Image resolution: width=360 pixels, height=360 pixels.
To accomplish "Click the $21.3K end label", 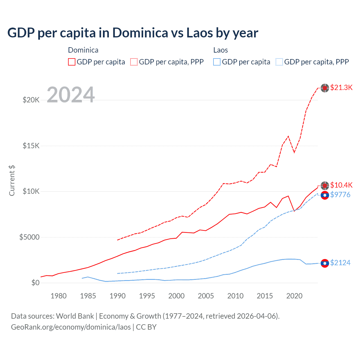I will click(341, 88).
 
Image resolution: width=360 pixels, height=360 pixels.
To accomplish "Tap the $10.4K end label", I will click(341, 185).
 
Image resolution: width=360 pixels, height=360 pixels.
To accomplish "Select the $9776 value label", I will click(340, 195).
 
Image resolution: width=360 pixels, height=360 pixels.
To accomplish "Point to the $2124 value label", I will click(340, 263).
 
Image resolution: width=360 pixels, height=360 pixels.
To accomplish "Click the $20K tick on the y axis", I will click(31, 100).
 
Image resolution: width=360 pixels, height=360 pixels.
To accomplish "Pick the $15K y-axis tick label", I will click(31, 146).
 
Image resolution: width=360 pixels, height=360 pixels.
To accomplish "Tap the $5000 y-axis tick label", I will click(29, 237).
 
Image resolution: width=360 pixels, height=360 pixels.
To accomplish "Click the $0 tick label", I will click(35, 283).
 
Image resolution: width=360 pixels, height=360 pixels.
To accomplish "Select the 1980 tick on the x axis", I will click(58, 296).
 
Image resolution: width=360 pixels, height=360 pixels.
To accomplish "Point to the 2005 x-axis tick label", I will click(206, 296).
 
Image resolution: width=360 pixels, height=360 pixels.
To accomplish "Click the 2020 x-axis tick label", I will click(294, 296).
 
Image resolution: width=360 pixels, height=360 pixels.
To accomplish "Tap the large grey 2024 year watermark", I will click(71, 95).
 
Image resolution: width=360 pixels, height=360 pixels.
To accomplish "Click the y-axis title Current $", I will click(12, 181).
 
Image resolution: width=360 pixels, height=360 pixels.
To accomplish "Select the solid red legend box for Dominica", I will click(72, 62).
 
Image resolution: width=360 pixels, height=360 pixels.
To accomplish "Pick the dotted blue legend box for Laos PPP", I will click(279, 62).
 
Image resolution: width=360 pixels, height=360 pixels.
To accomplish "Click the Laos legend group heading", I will click(220, 50).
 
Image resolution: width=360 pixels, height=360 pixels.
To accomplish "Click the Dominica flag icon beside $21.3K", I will click(325, 88).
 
